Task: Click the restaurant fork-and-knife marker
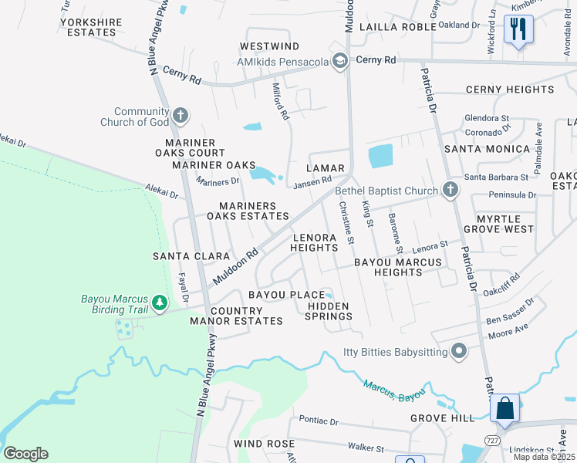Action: [518, 30]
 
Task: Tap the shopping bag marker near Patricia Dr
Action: [504, 408]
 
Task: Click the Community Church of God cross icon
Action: [181, 116]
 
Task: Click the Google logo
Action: [25, 454]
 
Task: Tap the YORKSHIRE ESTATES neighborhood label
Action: [91, 28]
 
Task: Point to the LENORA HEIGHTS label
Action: [314, 242]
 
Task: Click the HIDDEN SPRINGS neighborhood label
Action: [329, 311]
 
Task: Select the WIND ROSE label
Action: [264, 444]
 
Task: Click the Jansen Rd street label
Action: [312, 181]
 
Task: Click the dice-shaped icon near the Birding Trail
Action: [123, 328]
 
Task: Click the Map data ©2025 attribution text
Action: [544, 457]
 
